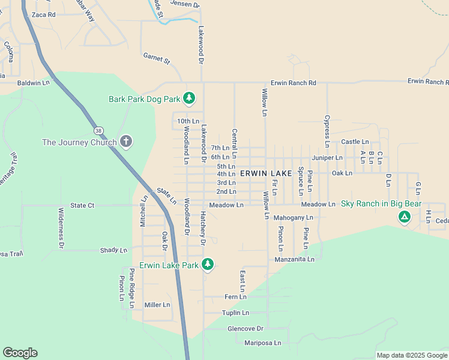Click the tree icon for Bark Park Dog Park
coord(189,98)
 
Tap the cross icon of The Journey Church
coord(125,142)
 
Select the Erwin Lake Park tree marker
coord(208,264)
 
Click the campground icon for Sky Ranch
coord(405,216)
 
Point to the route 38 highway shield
coord(98,130)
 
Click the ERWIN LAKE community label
coord(265,173)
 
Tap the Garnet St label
coord(157,59)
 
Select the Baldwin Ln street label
coord(34,83)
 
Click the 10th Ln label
coord(188,121)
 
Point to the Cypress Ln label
coord(327,131)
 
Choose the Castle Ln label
coord(355,142)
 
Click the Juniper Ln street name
coord(327,158)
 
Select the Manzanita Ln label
coord(294,259)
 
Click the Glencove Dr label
coord(246,329)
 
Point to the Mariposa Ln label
coord(262,343)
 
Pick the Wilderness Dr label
coord(61,228)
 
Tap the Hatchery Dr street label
coord(203,229)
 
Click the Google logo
coord(20,353)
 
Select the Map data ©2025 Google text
coord(411,355)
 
